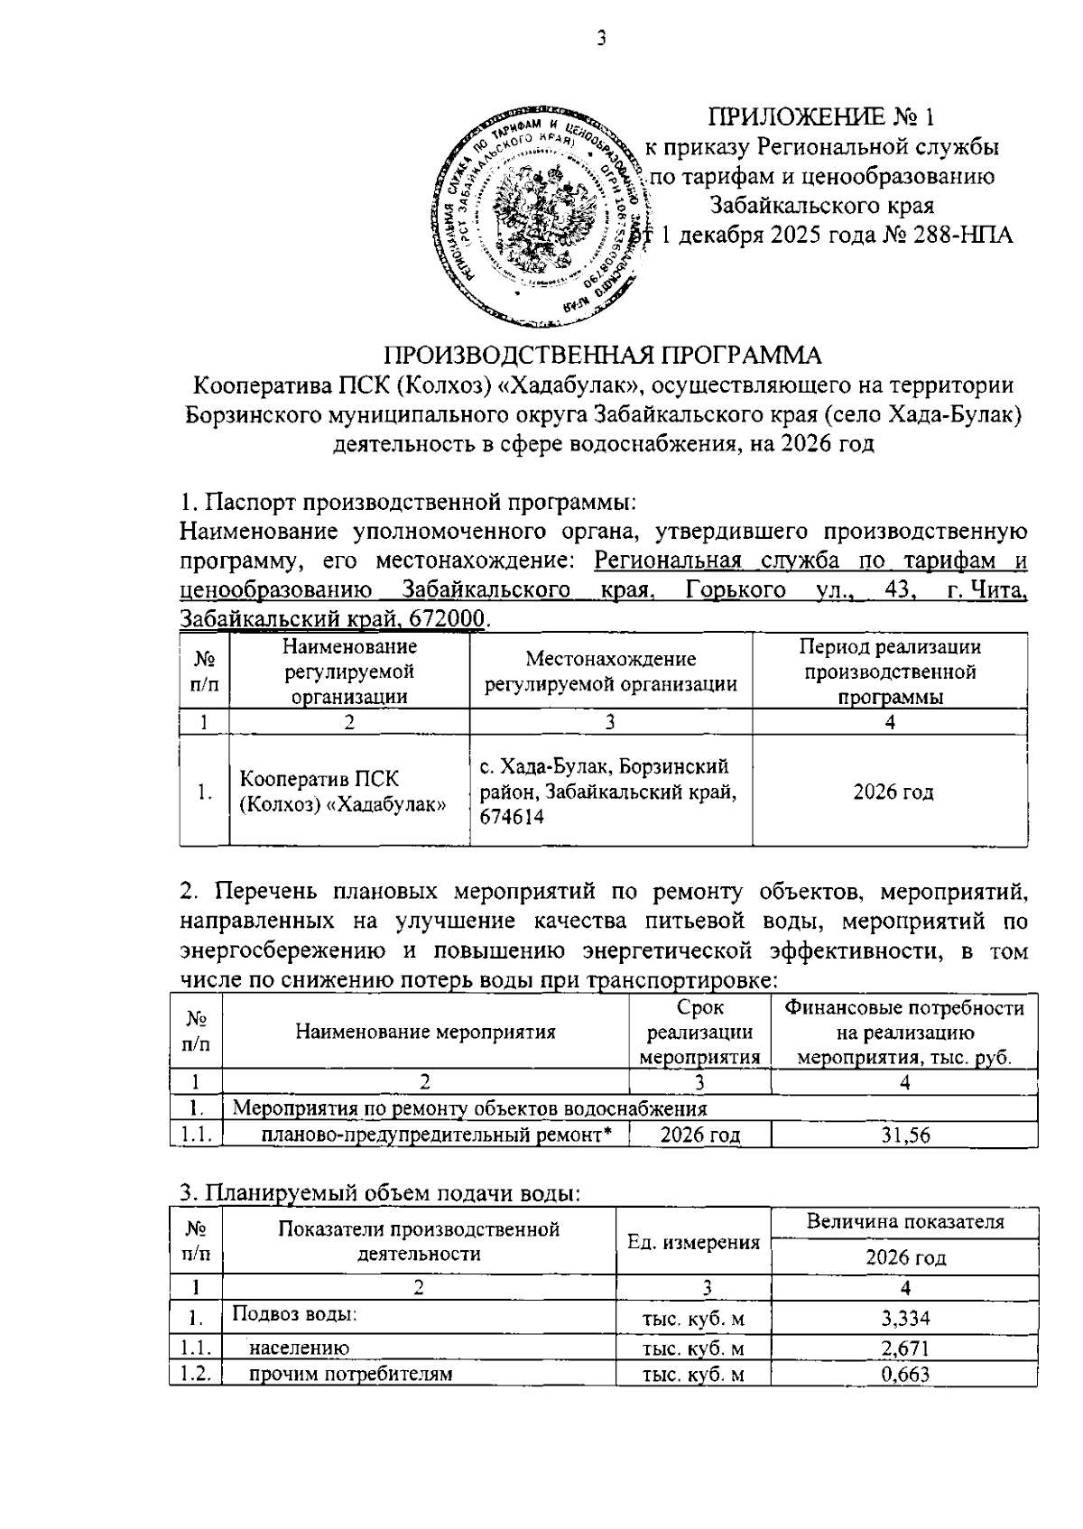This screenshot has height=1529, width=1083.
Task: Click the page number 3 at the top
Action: pos(599,40)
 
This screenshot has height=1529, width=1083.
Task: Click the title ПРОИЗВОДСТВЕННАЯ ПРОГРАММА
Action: pos(604,355)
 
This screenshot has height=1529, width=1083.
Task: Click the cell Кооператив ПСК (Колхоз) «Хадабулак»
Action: pos(343,791)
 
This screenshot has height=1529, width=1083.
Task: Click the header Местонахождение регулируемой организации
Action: pos(611,672)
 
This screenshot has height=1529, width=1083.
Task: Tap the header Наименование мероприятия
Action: pos(425,1032)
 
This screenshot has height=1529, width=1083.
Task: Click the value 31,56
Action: pos(905,1135)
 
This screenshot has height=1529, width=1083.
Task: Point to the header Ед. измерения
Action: pos(693,1242)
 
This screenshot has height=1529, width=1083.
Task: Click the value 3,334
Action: pos(905,1319)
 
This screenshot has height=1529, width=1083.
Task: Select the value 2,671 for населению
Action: pos(905,1348)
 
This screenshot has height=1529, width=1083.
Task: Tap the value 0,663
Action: pos(905,1375)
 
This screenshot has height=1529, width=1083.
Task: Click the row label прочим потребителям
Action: pos(350,1375)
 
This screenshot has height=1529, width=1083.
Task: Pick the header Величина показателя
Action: pos(905,1223)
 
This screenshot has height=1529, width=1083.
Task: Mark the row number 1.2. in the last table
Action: pos(195,1375)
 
